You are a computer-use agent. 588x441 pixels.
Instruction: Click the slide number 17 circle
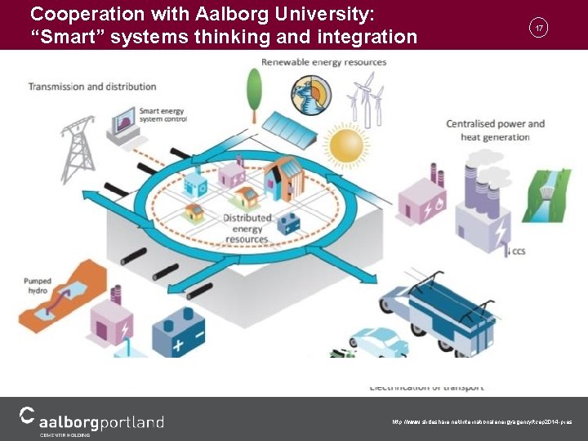coord(538,27)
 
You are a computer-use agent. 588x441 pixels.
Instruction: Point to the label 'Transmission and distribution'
coord(92,87)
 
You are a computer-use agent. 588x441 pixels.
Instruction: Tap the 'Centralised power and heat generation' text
coord(495,130)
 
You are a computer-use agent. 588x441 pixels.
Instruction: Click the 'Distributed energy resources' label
coord(247,229)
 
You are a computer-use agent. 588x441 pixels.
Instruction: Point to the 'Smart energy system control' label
coord(163,114)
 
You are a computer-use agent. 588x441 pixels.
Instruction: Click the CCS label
coord(518,252)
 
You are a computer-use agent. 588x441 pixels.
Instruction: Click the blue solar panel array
coord(292,130)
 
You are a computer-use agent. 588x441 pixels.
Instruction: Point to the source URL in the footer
coord(482,422)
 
